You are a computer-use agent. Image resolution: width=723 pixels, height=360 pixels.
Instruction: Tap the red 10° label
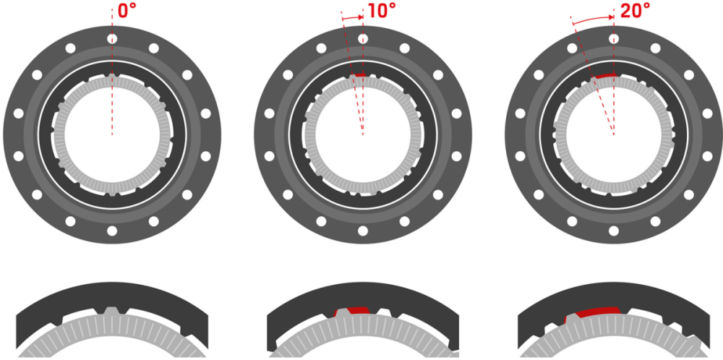click(382, 12)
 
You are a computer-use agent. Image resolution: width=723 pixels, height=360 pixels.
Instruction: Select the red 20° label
click(634, 12)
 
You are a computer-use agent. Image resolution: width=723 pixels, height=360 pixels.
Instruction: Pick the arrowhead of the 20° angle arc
click(611, 16)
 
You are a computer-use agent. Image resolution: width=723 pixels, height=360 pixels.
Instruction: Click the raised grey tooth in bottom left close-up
click(112, 311)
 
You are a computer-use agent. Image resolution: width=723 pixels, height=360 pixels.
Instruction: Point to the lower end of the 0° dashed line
click(112, 133)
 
